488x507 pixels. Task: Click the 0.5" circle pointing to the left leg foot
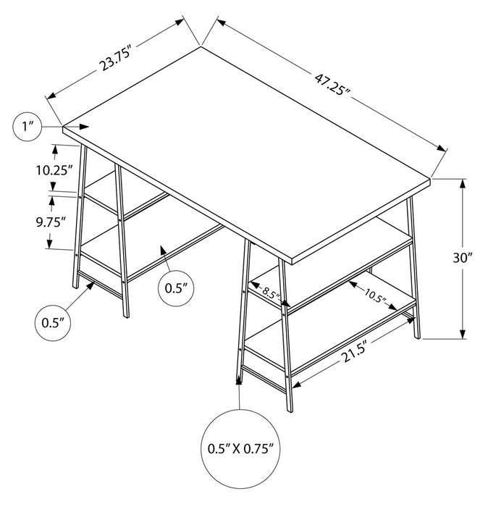pos(54,321)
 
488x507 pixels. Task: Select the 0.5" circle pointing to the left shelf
pos(176,288)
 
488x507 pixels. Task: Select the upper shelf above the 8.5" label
pos(340,246)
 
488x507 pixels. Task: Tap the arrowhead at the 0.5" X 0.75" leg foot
pos(239,380)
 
